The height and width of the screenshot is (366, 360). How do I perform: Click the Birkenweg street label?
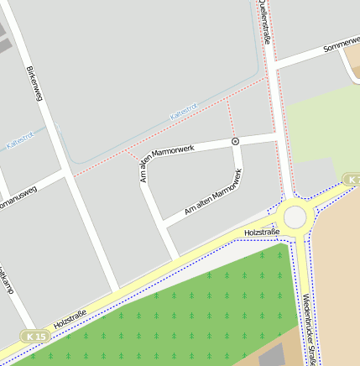point(34,84)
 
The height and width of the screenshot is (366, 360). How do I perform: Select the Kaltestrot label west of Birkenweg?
point(19,143)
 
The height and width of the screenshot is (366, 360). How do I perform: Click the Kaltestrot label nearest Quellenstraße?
point(183,110)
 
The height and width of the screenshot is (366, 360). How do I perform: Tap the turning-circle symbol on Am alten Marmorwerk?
point(236,141)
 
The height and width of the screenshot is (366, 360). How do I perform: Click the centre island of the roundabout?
point(295,217)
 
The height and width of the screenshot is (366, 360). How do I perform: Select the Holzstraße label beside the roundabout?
point(260,230)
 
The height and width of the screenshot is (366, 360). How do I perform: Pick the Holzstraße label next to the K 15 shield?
point(70,318)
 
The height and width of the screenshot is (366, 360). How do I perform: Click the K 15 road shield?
point(36,336)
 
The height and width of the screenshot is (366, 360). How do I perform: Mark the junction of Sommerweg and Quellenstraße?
point(274,68)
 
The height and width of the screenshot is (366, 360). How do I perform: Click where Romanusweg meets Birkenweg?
point(65,175)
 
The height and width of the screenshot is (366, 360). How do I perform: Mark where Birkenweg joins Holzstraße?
point(117,290)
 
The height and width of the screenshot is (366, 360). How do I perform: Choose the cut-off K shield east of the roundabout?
point(353,180)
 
